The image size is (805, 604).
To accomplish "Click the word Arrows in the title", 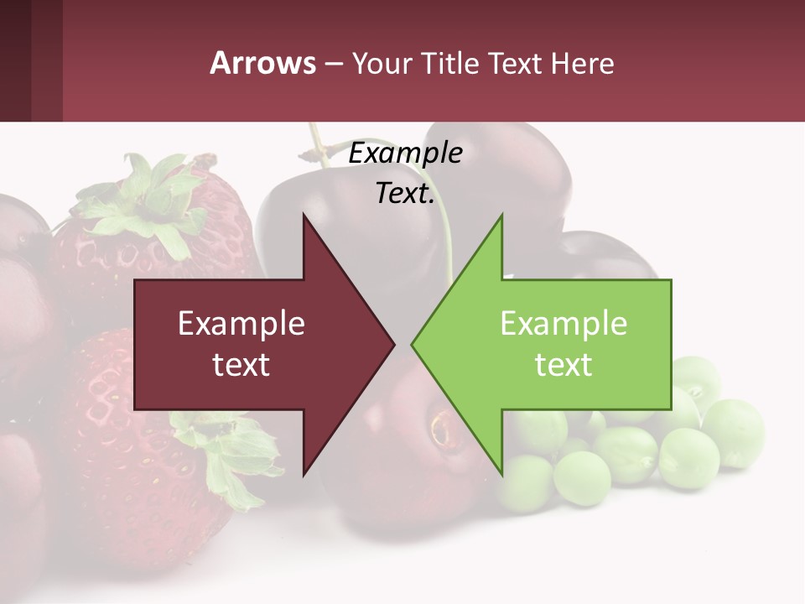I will click(262, 63).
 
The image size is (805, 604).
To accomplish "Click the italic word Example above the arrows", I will click(405, 154).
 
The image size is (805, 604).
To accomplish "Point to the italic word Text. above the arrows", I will click(405, 194).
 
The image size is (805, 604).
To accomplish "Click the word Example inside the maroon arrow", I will click(241, 324).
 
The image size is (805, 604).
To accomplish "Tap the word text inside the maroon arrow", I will click(241, 365).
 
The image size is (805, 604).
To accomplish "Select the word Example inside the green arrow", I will click(563, 324).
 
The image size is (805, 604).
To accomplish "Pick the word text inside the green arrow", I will click(563, 365).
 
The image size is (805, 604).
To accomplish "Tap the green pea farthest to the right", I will click(733, 432).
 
